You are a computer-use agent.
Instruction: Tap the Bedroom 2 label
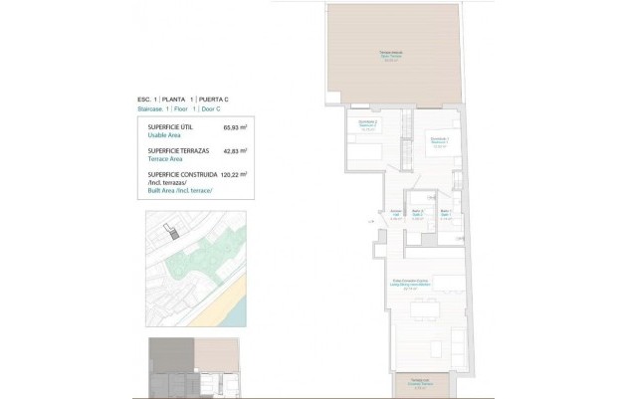(x=368, y=125)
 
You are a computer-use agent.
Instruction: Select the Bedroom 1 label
(x=438, y=140)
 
